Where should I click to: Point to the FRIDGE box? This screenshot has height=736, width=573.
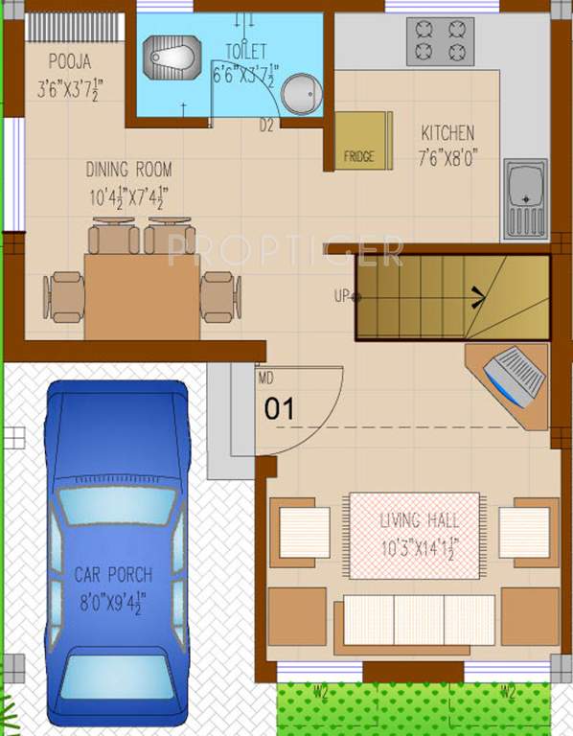point(360,141)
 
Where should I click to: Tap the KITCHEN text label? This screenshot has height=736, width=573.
point(447,133)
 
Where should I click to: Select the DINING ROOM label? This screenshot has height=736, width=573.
point(128,170)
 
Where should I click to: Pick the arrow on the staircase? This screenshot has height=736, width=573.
point(475,295)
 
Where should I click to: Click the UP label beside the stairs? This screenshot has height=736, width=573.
point(340,296)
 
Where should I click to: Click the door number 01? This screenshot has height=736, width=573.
point(278,409)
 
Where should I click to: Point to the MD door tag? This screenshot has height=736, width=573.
point(264,378)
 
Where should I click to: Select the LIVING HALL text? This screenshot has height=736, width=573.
point(419,520)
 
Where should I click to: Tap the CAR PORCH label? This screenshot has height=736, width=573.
point(113,575)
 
